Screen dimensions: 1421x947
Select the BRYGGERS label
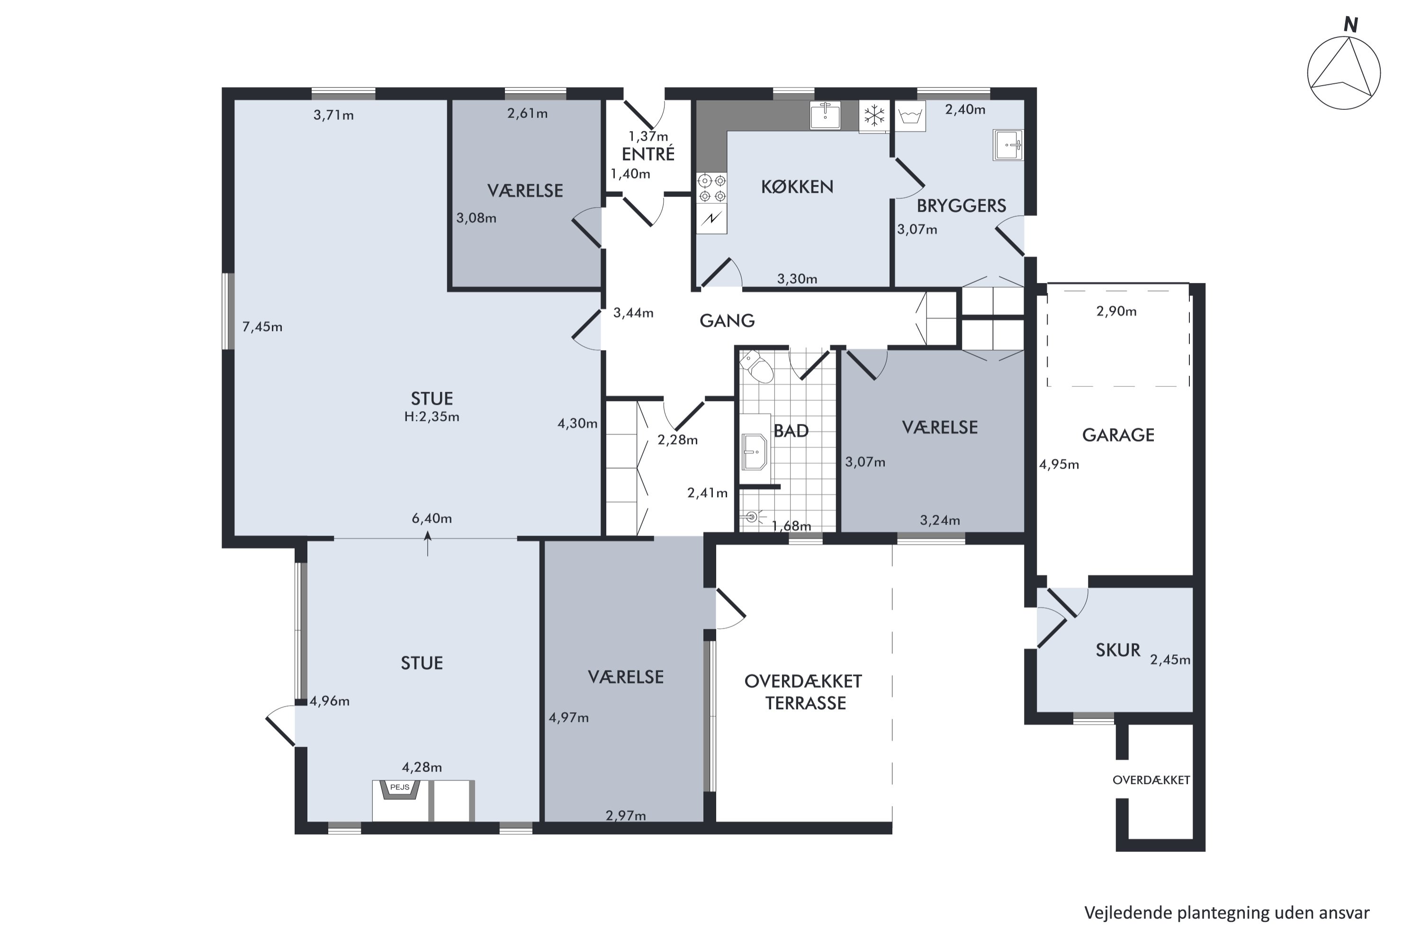[961, 206]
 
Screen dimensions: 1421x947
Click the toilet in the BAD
[758, 366]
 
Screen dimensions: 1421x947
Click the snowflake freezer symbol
[873, 116]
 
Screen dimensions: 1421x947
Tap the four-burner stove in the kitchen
[712, 188]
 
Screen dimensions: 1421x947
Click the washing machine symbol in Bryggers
[909, 116]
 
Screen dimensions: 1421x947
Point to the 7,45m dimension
[262, 327]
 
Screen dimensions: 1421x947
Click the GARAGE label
[1118, 435]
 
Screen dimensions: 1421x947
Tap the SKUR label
[1118, 650]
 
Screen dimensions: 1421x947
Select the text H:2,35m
[432, 417]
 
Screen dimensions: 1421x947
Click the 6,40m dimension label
[432, 518]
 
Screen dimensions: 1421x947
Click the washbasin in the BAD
[755, 451]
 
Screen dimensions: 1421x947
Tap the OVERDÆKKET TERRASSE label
[803, 692]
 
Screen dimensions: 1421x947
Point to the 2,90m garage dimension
[1116, 311]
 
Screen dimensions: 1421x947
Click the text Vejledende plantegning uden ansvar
[1226, 912]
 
